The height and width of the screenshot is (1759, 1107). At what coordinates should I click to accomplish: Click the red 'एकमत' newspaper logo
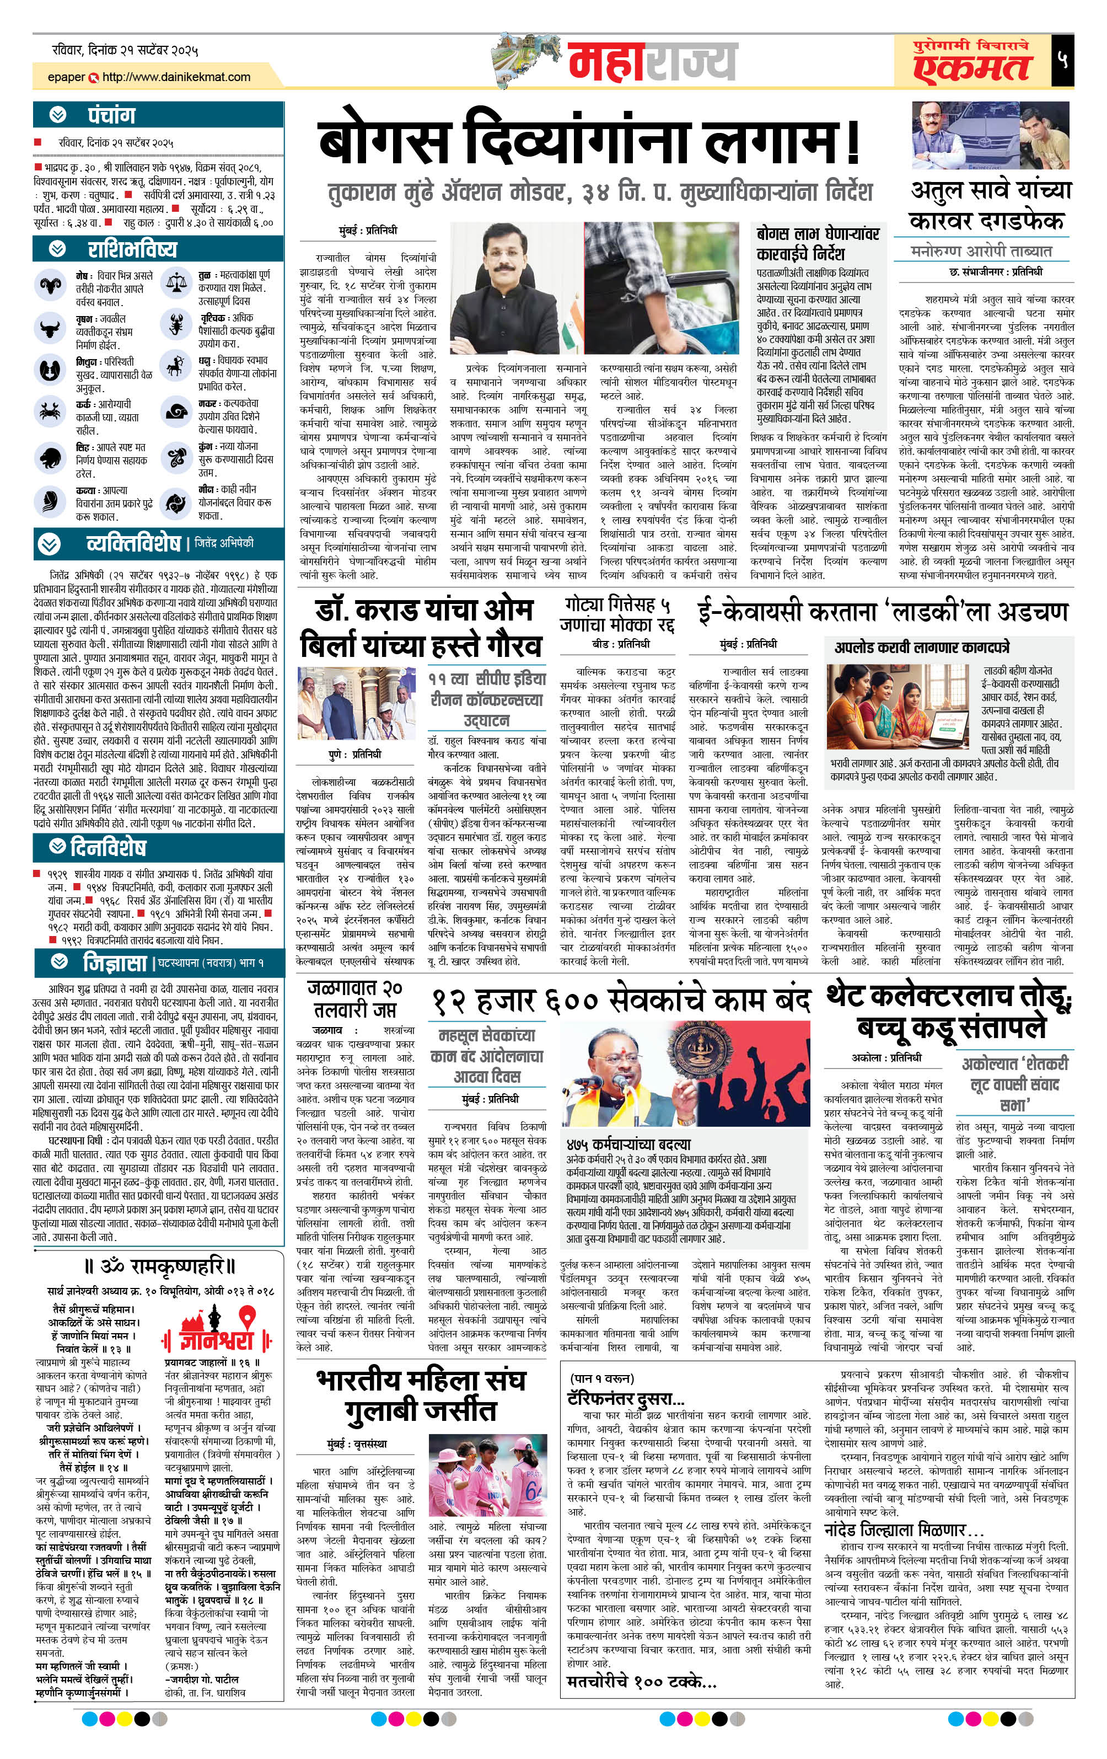tap(971, 68)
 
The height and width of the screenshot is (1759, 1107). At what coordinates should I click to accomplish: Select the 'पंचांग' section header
tap(111, 115)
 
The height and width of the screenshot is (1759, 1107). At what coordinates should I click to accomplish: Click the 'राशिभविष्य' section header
tap(131, 249)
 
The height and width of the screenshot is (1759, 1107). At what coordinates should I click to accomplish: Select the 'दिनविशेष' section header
tap(108, 847)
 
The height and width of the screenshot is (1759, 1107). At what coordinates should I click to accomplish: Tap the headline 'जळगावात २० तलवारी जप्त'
tap(355, 998)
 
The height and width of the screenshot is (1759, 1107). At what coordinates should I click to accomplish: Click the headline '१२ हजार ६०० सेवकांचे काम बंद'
tap(620, 1000)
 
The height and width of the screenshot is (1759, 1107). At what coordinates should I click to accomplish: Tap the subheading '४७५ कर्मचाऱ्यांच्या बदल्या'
tap(628, 1143)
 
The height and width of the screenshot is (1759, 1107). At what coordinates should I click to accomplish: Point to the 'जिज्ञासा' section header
tap(115, 963)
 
